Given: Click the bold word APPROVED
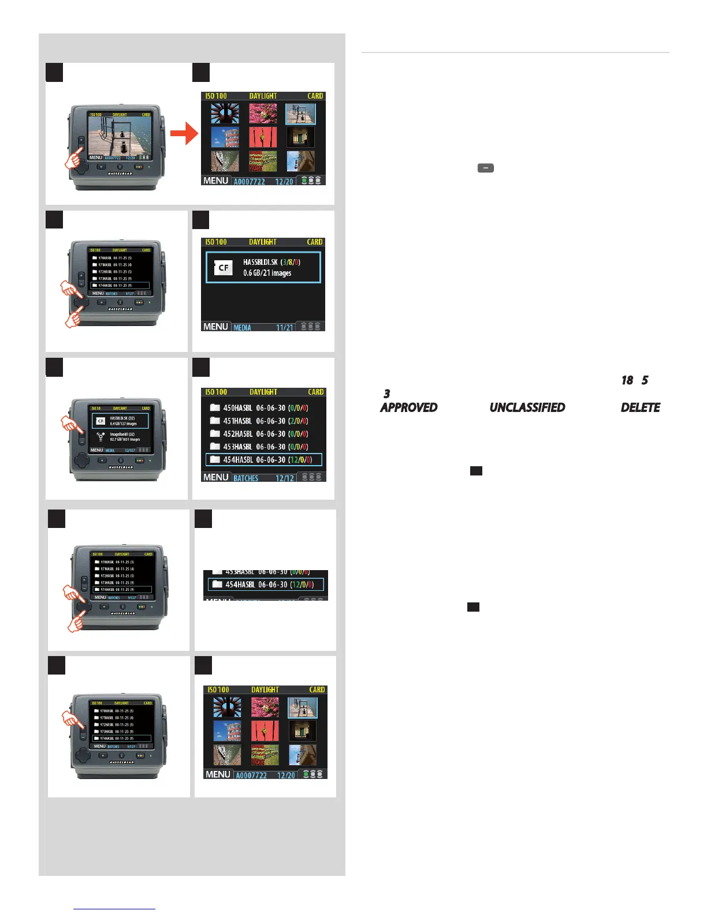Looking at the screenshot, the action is pos(408,407).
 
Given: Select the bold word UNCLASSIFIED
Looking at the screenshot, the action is pos(527,407).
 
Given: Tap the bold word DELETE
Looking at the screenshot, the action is pos(640,407).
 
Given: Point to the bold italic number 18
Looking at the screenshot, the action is pos(627,380).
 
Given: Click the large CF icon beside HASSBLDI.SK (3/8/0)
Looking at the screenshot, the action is pos(224,268).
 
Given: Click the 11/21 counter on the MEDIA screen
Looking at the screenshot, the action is pos(285,328).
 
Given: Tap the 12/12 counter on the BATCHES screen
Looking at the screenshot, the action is pos(285,478).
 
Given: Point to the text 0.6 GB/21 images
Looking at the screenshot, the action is pos(267,273).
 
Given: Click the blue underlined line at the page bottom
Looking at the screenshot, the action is pos(114,909).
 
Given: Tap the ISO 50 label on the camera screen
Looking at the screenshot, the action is pos(98,409).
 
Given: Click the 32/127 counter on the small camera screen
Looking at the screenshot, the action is pos(130,451).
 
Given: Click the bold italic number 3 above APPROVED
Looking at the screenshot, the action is pos(386,394).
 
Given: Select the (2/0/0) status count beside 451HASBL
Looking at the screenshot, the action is pos(298,421).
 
